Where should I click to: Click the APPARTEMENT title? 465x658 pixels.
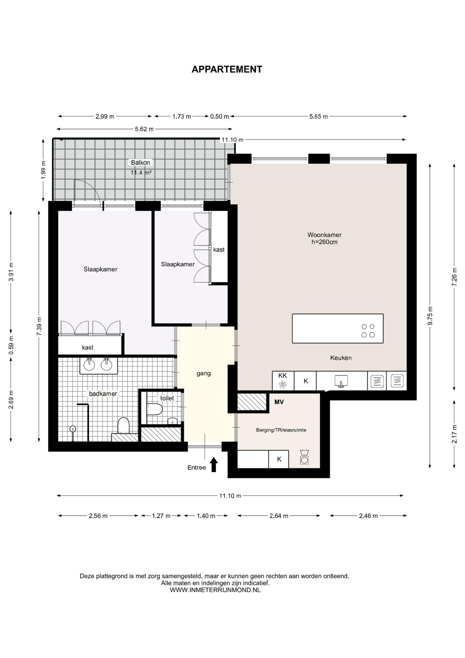click(x=227, y=69)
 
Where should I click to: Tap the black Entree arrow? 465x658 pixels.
click(x=214, y=464)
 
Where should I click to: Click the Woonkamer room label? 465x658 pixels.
click(x=324, y=235)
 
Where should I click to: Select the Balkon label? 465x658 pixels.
click(x=140, y=163)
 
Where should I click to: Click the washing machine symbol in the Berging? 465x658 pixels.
click(x=304, y=457)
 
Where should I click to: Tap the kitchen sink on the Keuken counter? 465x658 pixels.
click(x=341, y=381)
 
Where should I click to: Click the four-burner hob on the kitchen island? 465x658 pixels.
click(x=368, y=330)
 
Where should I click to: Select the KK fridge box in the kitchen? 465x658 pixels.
click(x=283, y=381)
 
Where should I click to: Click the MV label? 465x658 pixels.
click(x=279, y=402)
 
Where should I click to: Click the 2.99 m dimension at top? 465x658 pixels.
click(x=105, y=117)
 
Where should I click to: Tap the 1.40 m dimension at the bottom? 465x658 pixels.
click(x=206, y=516)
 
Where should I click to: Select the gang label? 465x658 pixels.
click(x=203, y=374)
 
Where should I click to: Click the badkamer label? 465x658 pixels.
click(x=103, y=394)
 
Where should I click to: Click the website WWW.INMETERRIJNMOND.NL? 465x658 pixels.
click(x=215, y=590)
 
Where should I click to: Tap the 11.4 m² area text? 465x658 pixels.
click(x=141, y=173)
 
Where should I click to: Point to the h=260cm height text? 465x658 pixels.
click(x=324, y=242)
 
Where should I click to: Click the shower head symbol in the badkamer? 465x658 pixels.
click(x=73, y=428)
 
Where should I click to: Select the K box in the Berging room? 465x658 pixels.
click(x=279, y=459)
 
